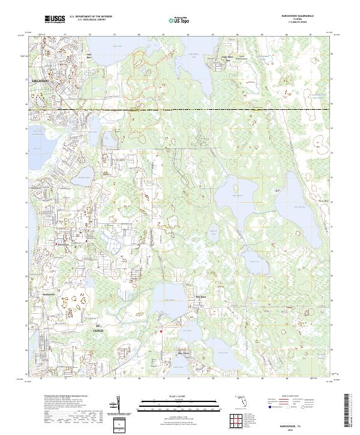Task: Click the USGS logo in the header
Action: [x=55, y=20]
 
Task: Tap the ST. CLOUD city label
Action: [x=98, y=329]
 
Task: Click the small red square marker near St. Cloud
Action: [x=160, y=331]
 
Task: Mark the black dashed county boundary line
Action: [x=180, y=110]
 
